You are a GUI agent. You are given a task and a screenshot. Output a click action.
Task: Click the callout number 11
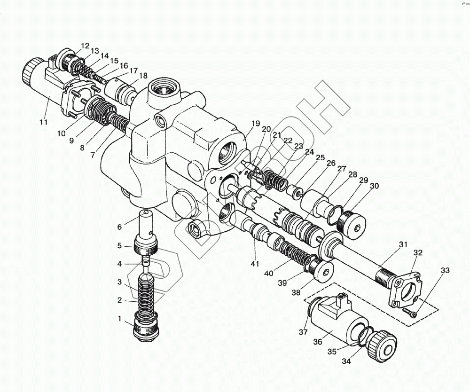(43, 122)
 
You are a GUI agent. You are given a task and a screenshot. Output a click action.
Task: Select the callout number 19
(255, 124)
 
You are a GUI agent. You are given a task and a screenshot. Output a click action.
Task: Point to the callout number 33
(445, 270)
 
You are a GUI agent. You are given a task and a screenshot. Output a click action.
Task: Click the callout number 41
(255, 264)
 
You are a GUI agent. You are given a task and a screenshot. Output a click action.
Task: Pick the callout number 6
(119, 227)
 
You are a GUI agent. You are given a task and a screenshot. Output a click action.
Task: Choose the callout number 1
(119, 319)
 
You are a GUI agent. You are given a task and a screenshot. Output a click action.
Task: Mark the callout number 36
(318, 342)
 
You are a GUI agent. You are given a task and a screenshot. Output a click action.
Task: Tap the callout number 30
(374, 186)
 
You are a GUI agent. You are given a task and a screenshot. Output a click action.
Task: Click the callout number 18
(143, 76)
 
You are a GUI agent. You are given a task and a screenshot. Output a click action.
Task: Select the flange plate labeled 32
(405, 290)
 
